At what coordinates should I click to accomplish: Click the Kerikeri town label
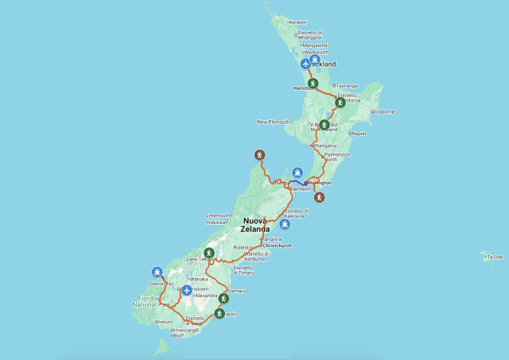tap(298, 22)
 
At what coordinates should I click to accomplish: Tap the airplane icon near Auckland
tap(306, 64)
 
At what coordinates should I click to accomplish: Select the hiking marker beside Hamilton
tap(313, 83)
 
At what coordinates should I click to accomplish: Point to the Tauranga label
tap(347, 86)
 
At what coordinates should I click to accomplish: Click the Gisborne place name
tap(384, 111)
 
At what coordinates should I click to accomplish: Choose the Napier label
tap(359, 134)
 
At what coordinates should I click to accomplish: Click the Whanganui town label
tap(325, 145)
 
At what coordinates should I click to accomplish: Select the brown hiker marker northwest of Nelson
tap(258, 153)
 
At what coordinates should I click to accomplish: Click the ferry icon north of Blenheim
tap(297, 172)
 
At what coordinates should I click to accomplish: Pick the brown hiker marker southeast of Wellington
tap(319, 196)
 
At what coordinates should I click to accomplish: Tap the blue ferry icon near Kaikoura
tap(284, 223)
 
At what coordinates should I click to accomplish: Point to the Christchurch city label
tap(278, 246)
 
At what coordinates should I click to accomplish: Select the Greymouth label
tap(218, 215)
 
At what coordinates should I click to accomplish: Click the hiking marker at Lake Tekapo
tap(209, 253)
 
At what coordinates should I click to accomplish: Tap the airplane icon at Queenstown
tap(186, 290)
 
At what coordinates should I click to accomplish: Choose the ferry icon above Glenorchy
tap(157, 273)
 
